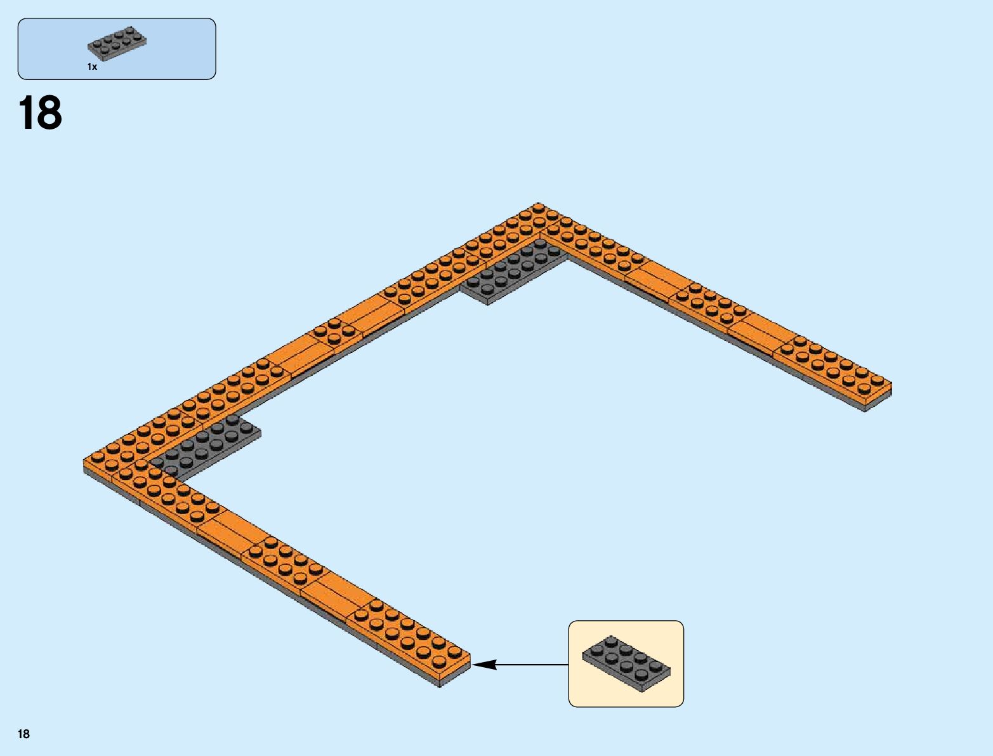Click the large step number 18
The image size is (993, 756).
[x=41, y=114]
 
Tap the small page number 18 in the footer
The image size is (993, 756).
[x=23, y=734]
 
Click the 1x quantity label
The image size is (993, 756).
[x=93, y=67]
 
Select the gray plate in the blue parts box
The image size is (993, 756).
[x=117, y=43]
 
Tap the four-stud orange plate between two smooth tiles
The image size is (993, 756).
[x=333, y=331]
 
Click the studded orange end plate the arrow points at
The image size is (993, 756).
[x=412, y=635]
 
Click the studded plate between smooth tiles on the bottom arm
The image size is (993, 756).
[x=279, y=559]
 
